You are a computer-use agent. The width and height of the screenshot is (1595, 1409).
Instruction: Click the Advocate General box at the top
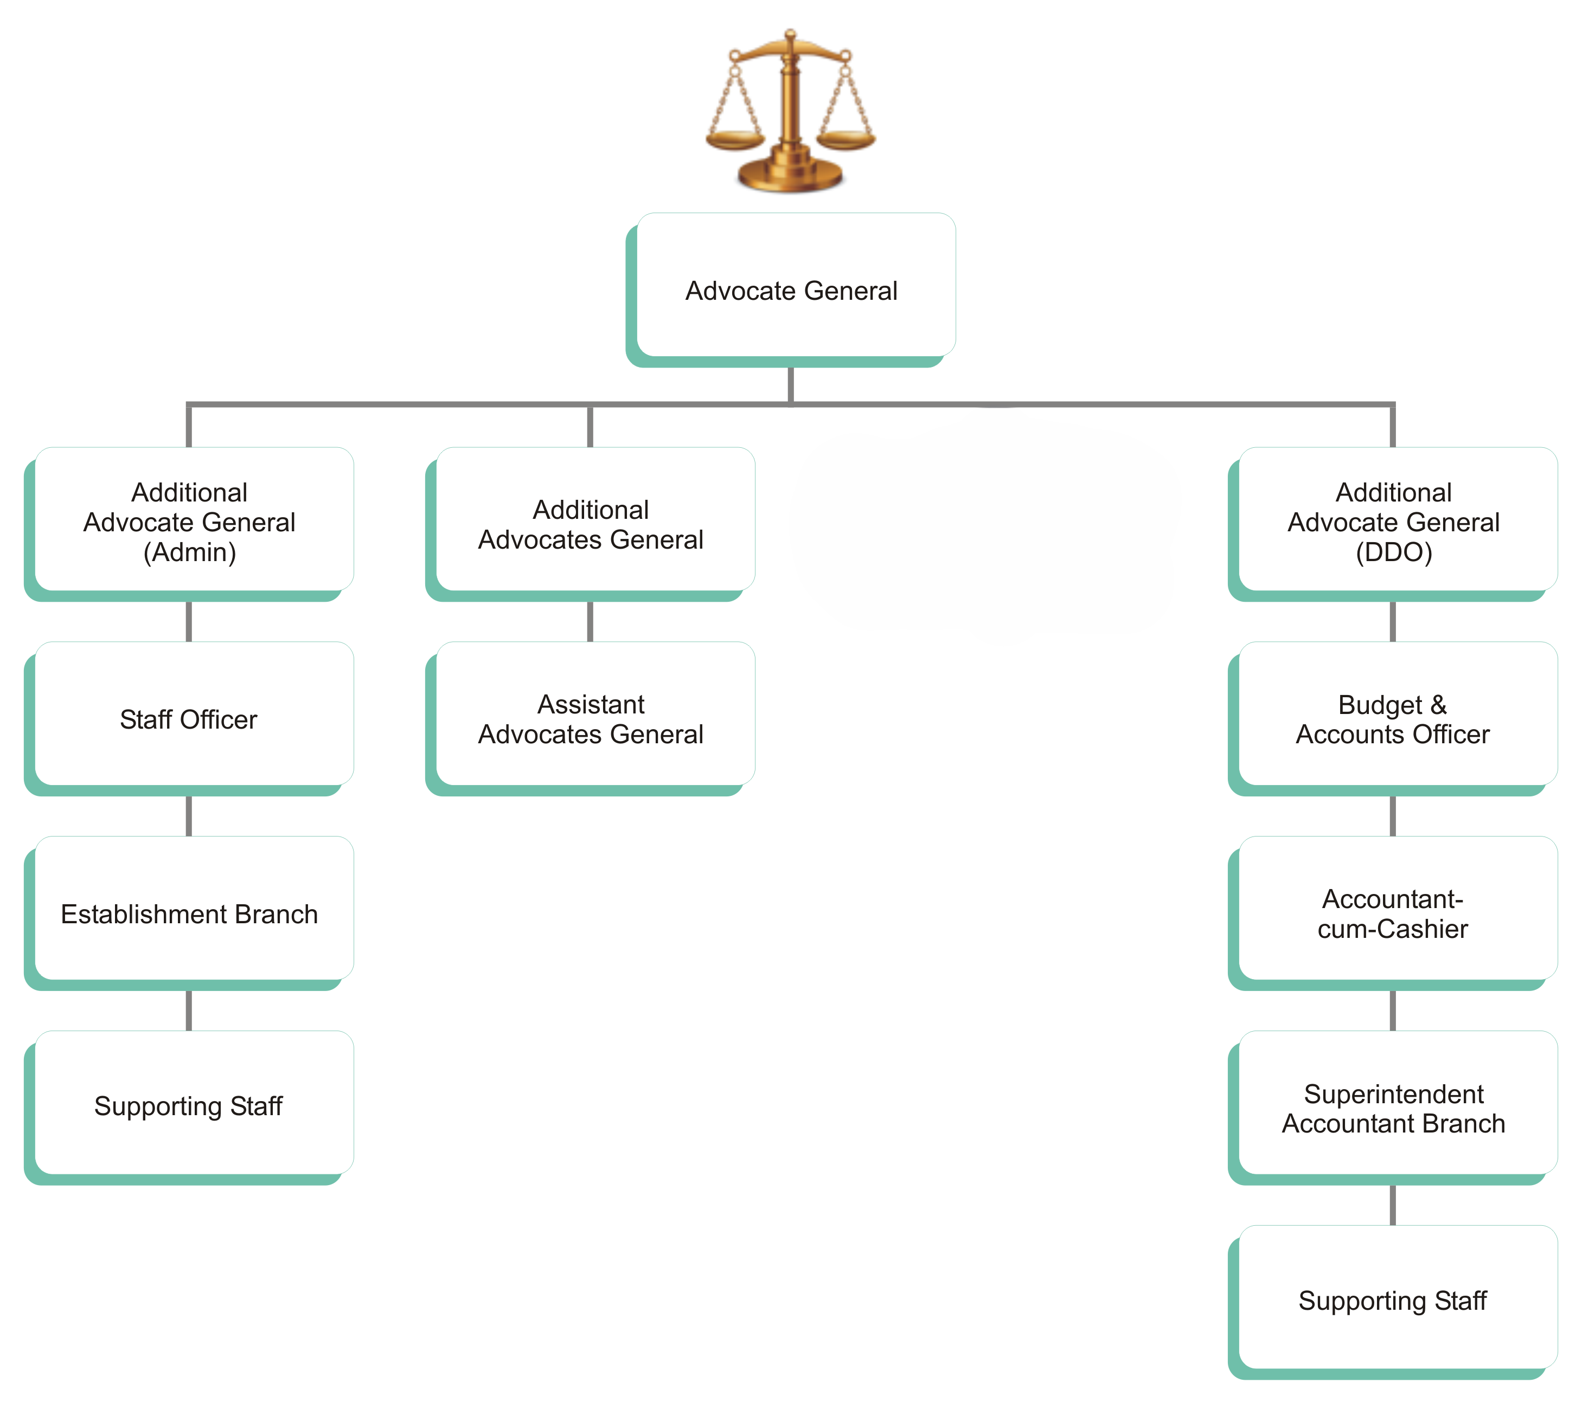791,289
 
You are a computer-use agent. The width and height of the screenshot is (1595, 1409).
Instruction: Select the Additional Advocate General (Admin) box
190,521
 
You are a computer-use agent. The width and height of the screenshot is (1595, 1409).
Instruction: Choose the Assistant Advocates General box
591,718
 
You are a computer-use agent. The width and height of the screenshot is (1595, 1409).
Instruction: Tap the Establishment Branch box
190,913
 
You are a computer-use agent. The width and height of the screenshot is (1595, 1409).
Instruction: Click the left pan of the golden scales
734,140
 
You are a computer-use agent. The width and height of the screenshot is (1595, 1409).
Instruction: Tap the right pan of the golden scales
846,140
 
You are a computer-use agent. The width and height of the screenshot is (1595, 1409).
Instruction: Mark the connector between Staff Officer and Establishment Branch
189,815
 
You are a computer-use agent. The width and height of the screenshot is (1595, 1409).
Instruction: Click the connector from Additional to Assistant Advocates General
590,621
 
